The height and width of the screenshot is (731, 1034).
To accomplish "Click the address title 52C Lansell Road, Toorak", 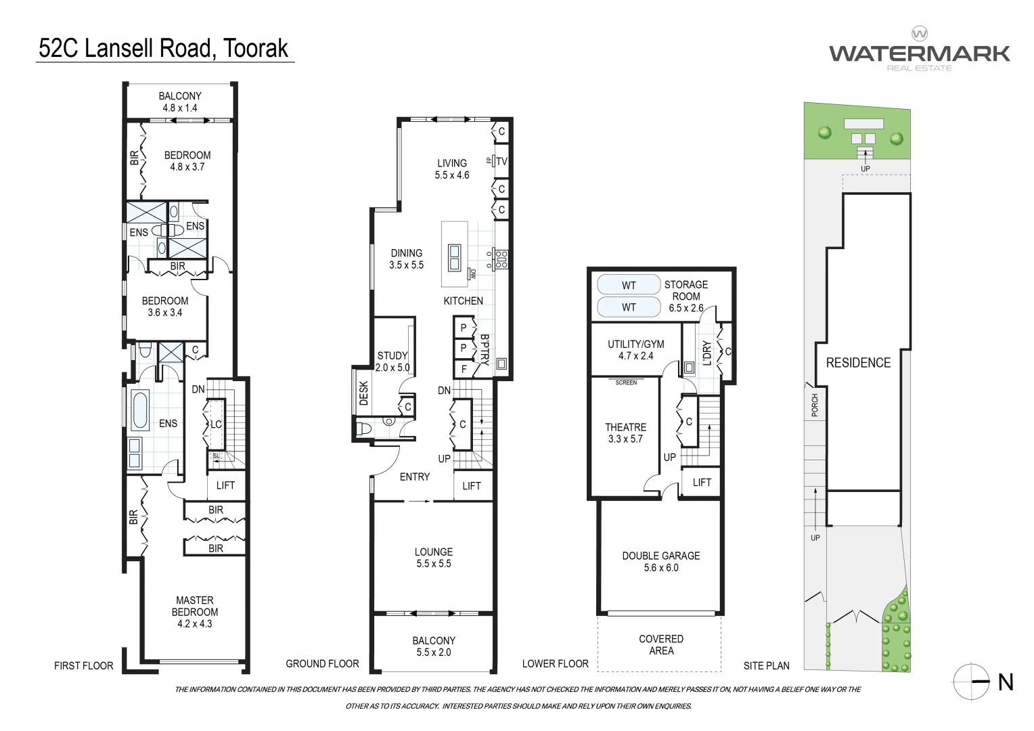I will [164, 48].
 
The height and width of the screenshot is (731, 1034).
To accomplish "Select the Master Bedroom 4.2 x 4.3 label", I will [195, 611].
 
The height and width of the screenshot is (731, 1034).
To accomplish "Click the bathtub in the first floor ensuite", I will [140, 410].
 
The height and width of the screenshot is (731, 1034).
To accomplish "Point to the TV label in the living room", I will [501, 161].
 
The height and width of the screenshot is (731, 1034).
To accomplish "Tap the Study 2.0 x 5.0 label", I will [392, 361].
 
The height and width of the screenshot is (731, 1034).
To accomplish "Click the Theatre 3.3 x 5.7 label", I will [625, 433].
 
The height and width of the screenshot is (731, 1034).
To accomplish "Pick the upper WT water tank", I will [629, 285].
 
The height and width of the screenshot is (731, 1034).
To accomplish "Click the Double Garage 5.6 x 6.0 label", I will [660, 561].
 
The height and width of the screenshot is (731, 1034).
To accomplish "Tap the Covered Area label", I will [660, 644].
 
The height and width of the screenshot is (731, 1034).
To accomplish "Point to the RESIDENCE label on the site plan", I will [858, 363].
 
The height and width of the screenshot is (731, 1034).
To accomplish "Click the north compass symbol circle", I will [970, 680].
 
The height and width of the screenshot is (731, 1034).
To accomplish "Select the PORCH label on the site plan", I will [815, 405].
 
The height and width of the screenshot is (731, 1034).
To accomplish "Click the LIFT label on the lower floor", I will [702, 483].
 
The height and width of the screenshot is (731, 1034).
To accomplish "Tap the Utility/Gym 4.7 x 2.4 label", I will [635, 349].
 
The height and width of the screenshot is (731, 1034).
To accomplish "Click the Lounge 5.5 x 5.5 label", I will [433, 557].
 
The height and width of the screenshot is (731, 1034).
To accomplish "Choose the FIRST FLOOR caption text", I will [83, 666].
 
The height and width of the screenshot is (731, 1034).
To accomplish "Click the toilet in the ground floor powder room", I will [364, 428].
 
